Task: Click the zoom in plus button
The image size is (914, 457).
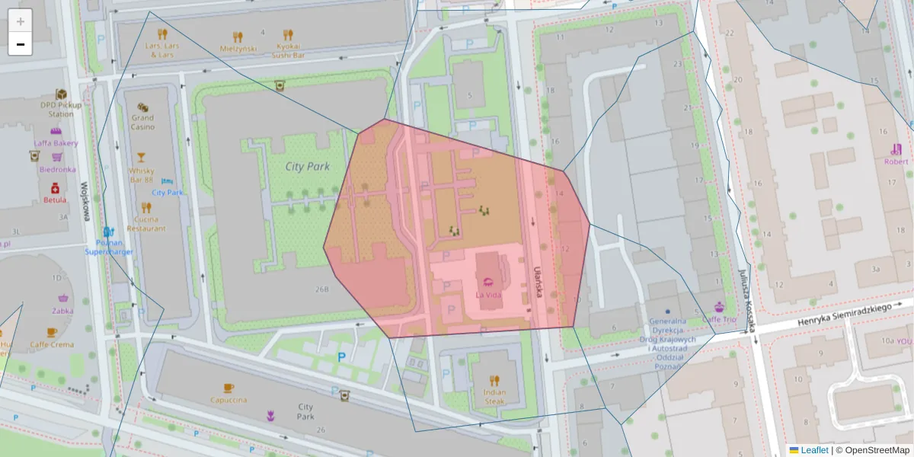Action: pos(21,21)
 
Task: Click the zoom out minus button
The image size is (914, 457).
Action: pos(21,44)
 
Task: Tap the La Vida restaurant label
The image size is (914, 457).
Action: pos(488,294)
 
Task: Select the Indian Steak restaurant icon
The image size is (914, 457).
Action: pos(494,380)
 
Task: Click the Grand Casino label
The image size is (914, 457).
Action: pos(142,122)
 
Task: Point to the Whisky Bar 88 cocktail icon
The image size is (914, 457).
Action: pos(141,158)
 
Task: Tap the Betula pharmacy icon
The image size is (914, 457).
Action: pos(55,188)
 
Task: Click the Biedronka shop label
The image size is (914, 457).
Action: pos(57,170)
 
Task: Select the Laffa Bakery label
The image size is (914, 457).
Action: pos(55,142)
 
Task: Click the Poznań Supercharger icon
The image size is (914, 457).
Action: pos(109,231)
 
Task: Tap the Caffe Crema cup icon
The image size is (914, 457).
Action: pos(52,332)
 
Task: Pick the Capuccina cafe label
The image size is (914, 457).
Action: pos(228,399)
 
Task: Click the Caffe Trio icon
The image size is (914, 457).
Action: pos(719,308)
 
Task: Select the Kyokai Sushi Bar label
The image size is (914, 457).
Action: pos(288,51)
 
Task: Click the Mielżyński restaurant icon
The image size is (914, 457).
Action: pos(238,36)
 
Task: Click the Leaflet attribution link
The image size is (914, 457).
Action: pos(814,450)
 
